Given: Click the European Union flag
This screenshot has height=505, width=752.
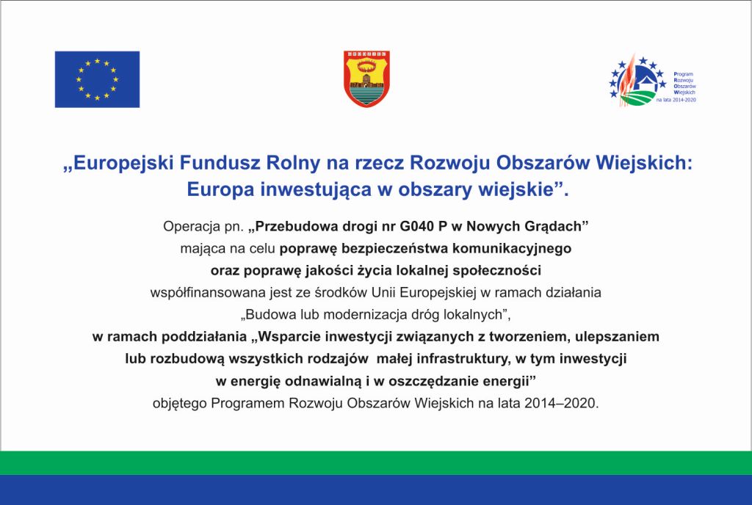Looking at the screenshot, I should (97, 79).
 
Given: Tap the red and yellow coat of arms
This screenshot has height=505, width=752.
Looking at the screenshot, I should (367, 79).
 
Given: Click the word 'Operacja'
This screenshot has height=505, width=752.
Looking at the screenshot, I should (193, 225).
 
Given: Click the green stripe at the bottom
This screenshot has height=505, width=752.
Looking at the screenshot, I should (376, 462).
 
